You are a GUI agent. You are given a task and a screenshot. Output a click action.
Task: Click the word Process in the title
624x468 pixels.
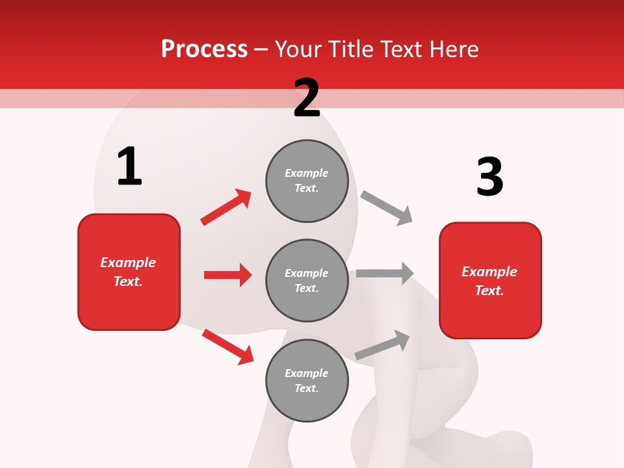(204, 49)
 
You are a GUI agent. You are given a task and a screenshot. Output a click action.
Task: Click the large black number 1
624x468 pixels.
(129, 166)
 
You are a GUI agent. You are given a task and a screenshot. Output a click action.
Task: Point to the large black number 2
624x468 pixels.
(307, 98)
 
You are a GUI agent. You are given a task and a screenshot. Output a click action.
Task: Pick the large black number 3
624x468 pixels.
(490, 177)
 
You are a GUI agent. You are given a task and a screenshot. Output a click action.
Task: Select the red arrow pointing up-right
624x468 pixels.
(226, 207)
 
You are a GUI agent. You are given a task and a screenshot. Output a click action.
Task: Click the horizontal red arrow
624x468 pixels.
(227, 275)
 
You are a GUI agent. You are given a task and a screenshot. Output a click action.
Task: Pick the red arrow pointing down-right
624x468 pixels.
(227, 346)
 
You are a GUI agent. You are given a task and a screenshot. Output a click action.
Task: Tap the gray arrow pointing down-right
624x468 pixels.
(387, 208)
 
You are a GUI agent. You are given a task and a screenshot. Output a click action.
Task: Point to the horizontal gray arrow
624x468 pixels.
(385, 274)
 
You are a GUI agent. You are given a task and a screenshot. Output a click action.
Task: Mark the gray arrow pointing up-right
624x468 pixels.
(382, 345)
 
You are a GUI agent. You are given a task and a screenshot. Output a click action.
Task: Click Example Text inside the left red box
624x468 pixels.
(128, 272)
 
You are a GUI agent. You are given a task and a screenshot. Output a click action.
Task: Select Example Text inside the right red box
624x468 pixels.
(489, 281)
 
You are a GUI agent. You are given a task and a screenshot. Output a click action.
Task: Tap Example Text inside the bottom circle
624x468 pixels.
(307, 381)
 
